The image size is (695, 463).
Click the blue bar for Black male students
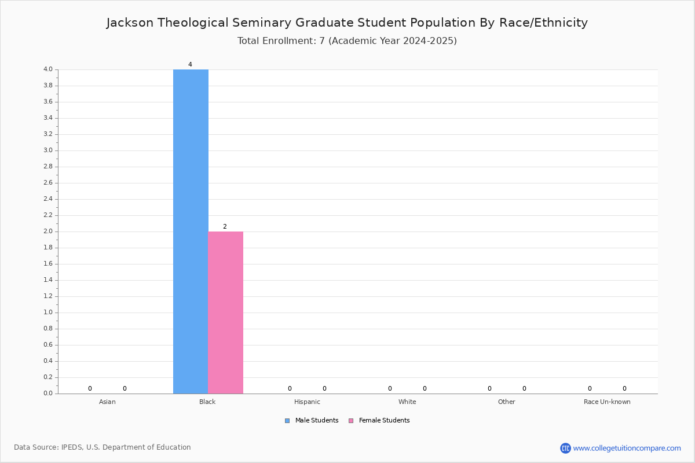tap(191, 231)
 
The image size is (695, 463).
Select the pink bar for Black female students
tap(225, 313)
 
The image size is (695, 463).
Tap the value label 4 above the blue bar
tap(190, 64)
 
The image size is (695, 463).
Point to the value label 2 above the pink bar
tap(225, 226)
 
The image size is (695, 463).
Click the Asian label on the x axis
tap(107, 402)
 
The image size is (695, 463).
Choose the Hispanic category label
tap(307, 402)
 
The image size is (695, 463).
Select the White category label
tap(407, 402)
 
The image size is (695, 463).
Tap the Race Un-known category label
tap(607, 402)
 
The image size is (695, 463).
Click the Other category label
tap(507, 402)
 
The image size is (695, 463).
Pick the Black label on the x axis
tap(207, 402)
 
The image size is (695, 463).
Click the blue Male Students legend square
tap(287, 421)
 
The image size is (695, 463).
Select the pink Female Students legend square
tap(351, 421)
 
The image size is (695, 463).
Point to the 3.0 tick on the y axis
tap(48, 150)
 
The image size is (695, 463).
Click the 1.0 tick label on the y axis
tap(48, 313)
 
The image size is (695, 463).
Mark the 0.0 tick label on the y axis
tap(48, 393)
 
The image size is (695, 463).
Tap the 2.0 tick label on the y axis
tap(48, 231)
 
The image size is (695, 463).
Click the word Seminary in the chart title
tap(262, 23)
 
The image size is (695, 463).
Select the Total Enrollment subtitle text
tap(347, 41)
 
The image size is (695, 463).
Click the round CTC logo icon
tap(565, 448)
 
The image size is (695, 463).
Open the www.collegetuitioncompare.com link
tap(627, 449)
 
